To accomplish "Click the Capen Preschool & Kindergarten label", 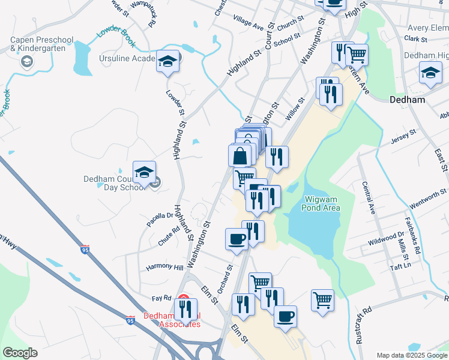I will (x=41, y=44).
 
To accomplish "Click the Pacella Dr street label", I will (x=160, y=218).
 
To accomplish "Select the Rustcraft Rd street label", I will (x=364, y=325).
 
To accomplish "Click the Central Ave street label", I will (x=367, y=199).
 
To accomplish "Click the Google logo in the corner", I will (x=20, y=353).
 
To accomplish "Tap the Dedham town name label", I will (x=408, y=99).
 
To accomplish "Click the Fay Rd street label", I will (x=161, y=298).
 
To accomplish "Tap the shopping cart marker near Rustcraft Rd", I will (x=323, y=300).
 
